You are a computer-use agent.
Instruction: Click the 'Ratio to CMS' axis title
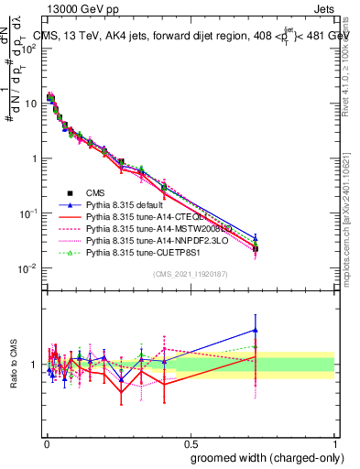13,365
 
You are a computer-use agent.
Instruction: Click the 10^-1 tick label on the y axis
27,213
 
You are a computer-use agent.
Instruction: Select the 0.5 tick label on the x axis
191,442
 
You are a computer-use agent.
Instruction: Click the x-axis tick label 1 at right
334,442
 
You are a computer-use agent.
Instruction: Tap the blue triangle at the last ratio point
255,330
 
